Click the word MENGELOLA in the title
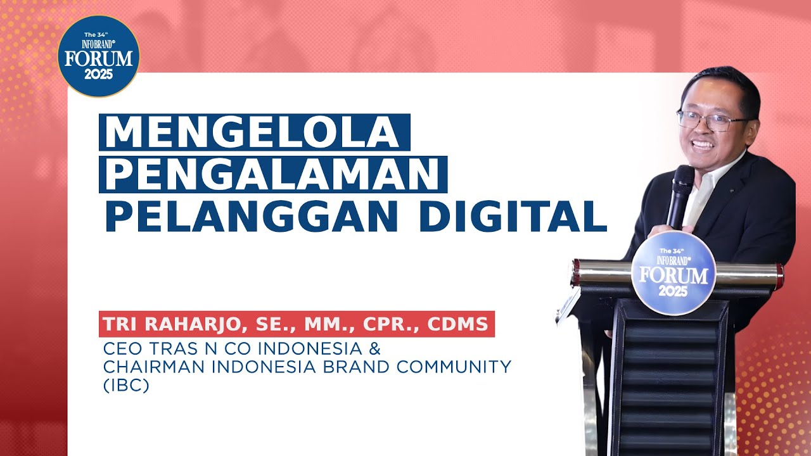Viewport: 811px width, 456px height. pyautogui.click(x=253, y=132)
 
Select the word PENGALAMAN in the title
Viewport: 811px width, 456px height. pyautogui.click(x=272, y=174)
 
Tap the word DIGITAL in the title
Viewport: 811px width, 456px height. pyautogui.click(x=512, y=216)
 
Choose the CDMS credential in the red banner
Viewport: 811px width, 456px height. pyautogui.click(x=457, y=324)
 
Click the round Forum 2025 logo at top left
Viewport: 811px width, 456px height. pyautogui.click(x=98, y=56)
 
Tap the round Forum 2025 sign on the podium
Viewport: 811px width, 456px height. pyautogui.click(x=674, y=273)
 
